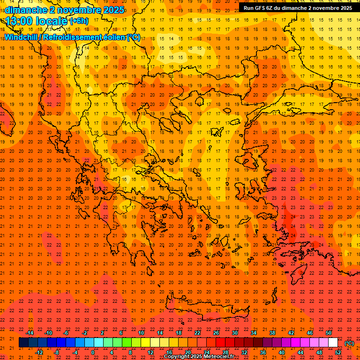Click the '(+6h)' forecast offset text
pos(78,21)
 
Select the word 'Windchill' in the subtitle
pos(22,37)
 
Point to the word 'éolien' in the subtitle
pos(115,37)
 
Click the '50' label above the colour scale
pos(329,333)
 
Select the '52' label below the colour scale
pos(338,352)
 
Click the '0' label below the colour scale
pos(93,352)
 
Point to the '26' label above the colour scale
pos(216,333)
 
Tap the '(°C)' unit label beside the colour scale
pos(349,343)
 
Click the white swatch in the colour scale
pos(333,343)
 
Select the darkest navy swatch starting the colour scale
pos(23,343)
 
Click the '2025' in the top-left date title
pos(113,10)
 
